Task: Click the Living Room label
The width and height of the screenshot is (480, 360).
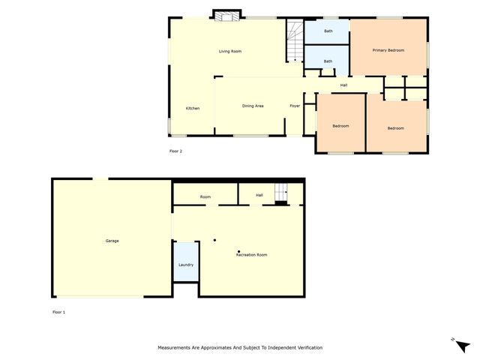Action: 229,51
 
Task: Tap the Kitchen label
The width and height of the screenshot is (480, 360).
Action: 193,109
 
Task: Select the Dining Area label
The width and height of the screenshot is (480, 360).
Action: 252,106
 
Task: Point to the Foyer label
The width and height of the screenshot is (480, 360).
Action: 295,106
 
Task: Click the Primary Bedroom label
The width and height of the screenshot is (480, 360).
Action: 388,50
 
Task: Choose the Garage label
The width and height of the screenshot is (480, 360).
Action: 112,241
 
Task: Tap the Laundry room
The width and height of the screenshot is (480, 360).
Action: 186,264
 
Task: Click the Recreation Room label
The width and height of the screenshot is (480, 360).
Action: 251,255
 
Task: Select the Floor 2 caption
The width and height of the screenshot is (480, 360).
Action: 175,151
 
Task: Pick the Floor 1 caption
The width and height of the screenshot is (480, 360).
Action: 58,311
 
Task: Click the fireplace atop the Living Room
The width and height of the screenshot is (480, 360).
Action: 226,14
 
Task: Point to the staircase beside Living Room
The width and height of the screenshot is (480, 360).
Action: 293,42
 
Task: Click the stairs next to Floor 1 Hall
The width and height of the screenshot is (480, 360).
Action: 281,193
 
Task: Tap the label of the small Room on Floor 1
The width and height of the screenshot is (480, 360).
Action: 205,196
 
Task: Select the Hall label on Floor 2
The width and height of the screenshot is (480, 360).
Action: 343,85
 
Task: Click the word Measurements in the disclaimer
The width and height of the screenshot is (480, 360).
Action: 176,348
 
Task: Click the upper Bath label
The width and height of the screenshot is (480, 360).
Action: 328,31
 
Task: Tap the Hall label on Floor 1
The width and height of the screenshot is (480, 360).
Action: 259,195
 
